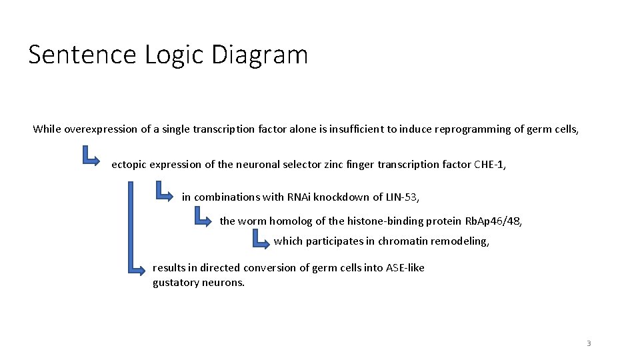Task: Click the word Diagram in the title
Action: pos(259,55)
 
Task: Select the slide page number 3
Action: pos(589,343)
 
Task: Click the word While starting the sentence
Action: pos(47,129)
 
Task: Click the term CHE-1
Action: pos(489,164)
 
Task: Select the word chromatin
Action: pos(403,241)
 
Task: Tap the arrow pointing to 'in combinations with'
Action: pos(163,192)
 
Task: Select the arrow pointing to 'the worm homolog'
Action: pos(201,217)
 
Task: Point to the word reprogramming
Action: pos(471,129)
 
